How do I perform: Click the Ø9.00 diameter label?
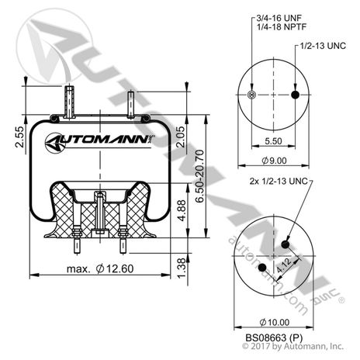tap(273, 161)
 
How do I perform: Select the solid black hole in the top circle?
tap(295, 95)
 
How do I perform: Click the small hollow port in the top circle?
tap(250, 95)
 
